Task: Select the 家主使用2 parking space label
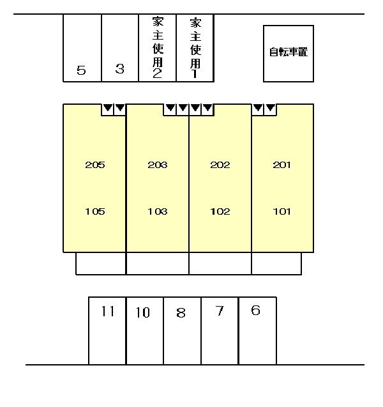(x=158, y=47)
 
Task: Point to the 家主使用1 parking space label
(x=195, y=48)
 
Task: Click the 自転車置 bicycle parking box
(x=289, y=54)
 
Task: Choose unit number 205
(x=95, y=165)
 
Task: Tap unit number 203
(x=158, y=165)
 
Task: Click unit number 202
(x=220, y=165)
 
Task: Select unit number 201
(x=282, y=165)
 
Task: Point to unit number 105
(x=95, y=211)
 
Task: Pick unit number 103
(x=158, y=211)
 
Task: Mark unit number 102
(x=220, y=211)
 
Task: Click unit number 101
(x=282, y=211)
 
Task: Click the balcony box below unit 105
(x=101, y=263)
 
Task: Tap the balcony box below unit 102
(x=220, y=263)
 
